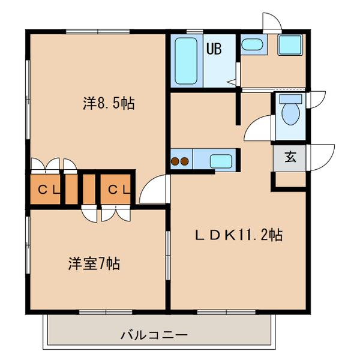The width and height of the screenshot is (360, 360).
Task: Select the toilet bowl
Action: tap(289, 115)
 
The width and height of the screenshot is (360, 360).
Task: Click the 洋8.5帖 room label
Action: tap(109, 103)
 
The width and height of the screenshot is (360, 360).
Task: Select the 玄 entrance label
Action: tap(290, 158)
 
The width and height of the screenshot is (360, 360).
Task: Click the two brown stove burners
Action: tap(181, 161)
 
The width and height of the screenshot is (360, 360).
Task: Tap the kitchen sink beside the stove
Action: tap(220, 161)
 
